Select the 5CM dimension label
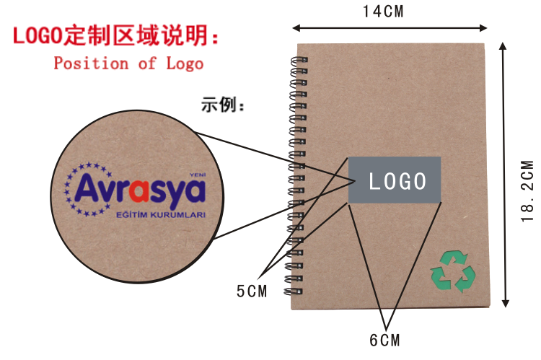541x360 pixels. click(x=252, y=291)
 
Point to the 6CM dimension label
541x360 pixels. click(x=384, y=339)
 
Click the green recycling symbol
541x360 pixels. click(x=452, y=272)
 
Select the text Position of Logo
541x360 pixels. click(x=128, y=63)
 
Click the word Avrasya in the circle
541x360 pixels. click(x=140, y=189)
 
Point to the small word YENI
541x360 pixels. click(x=197, y=175)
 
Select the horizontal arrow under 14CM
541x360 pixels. click(x=390, y=28)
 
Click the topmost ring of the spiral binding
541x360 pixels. click(x=297, y=61)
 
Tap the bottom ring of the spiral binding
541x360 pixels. click(x=297, y=293)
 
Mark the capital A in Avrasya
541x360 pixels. click(x=85, y=189)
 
